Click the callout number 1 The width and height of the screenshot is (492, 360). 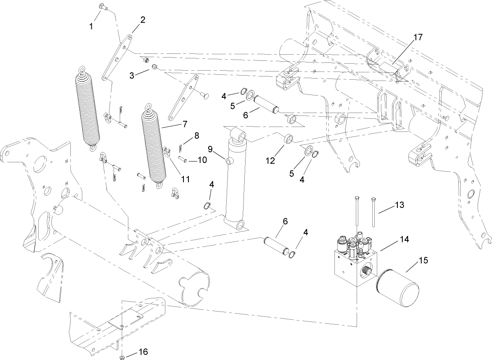[91, 26]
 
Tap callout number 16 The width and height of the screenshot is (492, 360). [143, 352]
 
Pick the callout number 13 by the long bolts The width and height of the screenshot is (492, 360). [399, 205]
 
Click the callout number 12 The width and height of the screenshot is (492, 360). [269, 162]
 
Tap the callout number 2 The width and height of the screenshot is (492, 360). [143, 19]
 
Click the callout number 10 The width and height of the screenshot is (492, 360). [202, 159]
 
